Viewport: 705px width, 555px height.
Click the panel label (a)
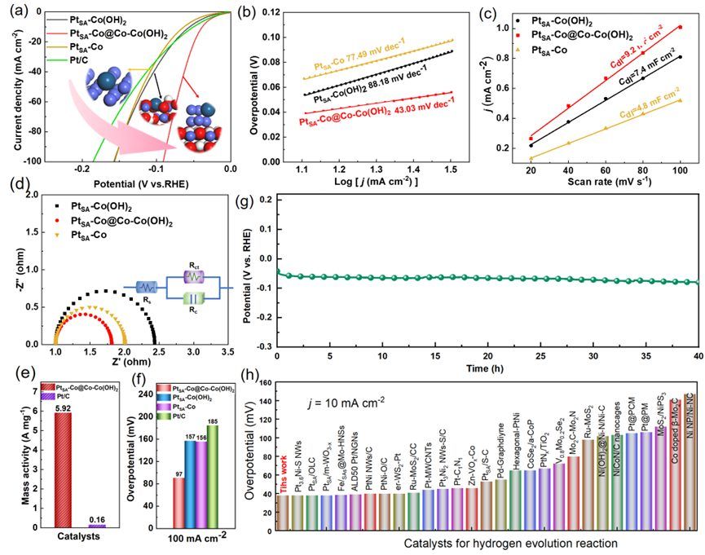(x=14, y=11)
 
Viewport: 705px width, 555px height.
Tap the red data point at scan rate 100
(x=680, y=27)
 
